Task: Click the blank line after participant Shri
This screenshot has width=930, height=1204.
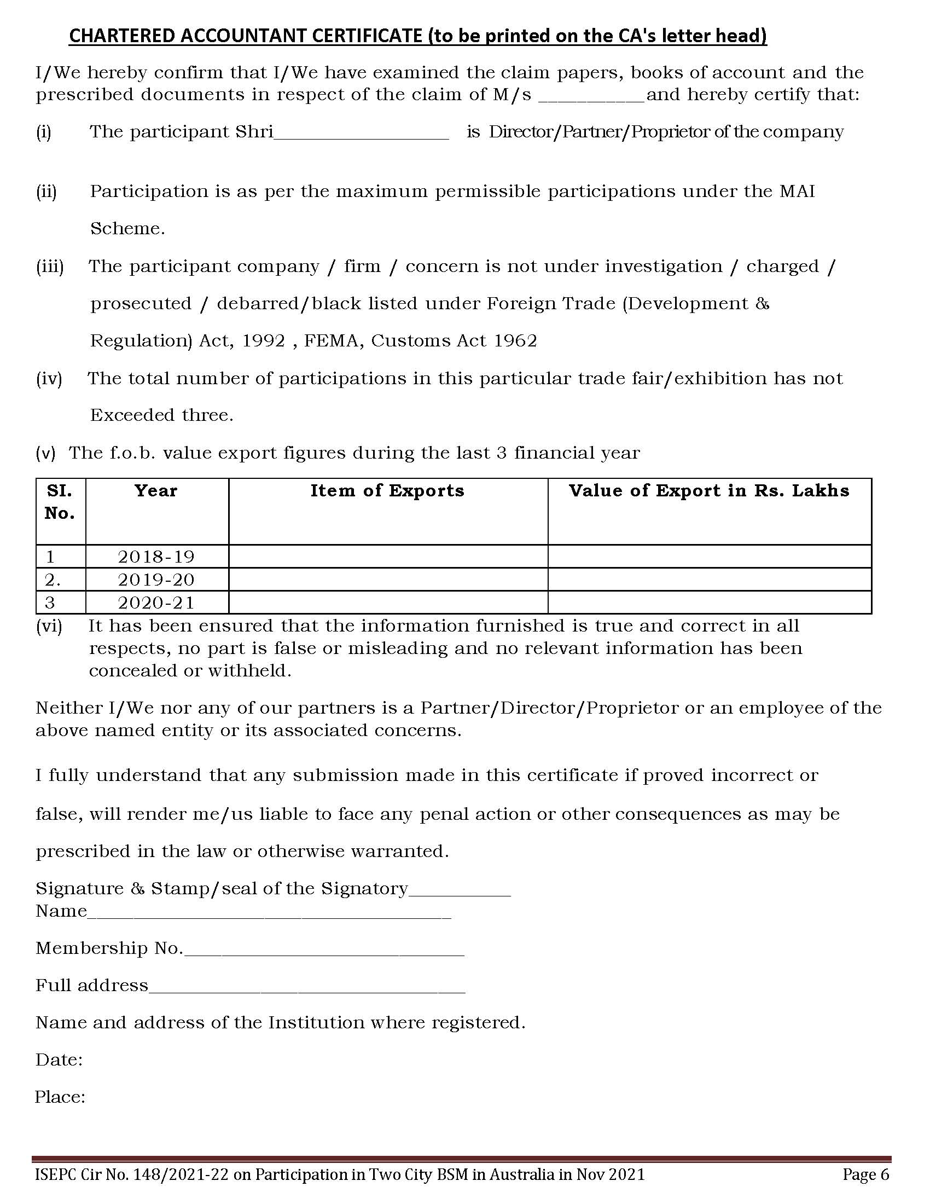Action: (361, 136)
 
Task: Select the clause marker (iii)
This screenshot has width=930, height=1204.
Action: (50, 267)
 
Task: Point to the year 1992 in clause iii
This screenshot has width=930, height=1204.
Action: (264, 341)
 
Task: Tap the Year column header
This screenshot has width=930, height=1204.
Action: (156, 491)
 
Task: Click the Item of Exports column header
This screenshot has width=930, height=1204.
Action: (387, 491)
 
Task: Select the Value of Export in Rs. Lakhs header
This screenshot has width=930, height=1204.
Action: (709, 491)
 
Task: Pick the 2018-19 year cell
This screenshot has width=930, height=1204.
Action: (156, 557)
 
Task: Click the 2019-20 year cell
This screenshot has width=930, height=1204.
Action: (156, 580)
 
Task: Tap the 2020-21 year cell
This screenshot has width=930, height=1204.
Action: (156, 603)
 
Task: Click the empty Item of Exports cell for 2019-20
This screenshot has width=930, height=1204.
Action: (388, 580)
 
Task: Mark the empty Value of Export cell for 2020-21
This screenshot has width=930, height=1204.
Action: (710, 603)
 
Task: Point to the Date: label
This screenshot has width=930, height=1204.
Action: (59, 1060)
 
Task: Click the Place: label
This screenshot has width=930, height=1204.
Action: (60, 1097)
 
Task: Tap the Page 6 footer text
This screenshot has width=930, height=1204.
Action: (866, 1175)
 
